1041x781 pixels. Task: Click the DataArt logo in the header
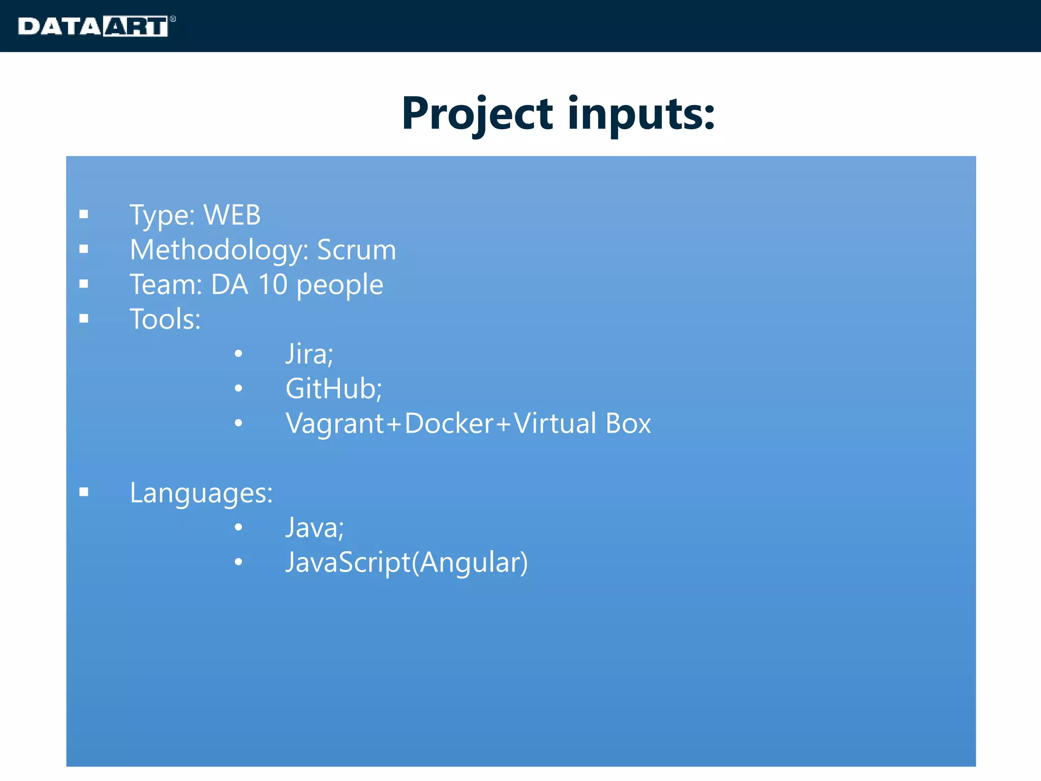[96, 26]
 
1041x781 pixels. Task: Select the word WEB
[232, 215]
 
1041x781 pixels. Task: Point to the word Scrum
[356, 250]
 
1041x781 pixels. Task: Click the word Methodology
[219, 250]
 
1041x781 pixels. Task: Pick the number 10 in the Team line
[272, 284]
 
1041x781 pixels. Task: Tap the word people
[340, 285]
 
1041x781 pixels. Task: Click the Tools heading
[165, 319]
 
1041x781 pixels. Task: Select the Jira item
[309, 354]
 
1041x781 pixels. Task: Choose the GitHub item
[333, 388]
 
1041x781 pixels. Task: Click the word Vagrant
[335, 424]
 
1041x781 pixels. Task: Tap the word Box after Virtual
[628, 423]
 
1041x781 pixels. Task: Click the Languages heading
[201, 493]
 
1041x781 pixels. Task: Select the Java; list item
[315, 527]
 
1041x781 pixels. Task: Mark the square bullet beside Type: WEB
[84, 215]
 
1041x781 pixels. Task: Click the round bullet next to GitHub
[238, 389]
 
